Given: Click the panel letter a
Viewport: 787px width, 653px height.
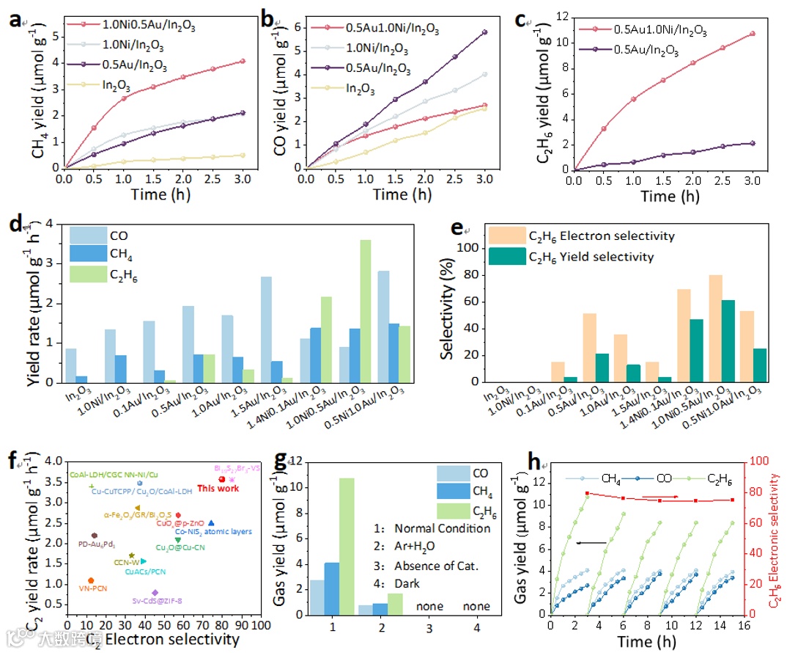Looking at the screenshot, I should (14, 20).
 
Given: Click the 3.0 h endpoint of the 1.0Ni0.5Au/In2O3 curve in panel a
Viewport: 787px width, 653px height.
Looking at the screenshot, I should (243, 61).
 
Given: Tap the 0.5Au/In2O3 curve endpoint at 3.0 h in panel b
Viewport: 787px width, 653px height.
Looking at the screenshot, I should (484, 32).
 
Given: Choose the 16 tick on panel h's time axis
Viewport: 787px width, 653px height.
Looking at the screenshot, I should (744, 624).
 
